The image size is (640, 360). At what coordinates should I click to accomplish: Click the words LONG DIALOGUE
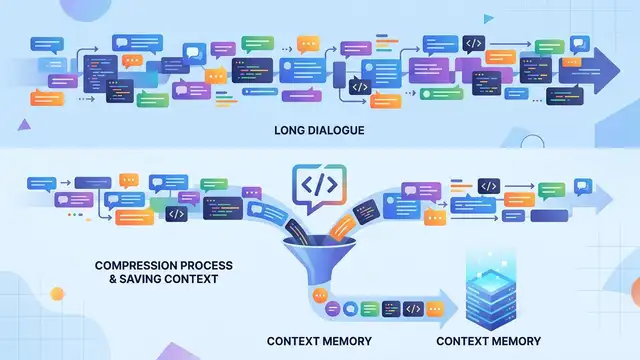click(x=319, y=131)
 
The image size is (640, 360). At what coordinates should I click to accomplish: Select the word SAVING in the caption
click(x=140, y=279)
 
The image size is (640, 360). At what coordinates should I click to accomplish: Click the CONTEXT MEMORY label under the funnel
click(x=319, y=341)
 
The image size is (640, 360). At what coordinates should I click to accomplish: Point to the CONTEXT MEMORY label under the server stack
click(x=489, y=341)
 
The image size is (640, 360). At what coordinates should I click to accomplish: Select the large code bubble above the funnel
click(x=320, y=187)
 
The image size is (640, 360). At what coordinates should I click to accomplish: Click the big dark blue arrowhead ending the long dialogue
click(x=606, y=71)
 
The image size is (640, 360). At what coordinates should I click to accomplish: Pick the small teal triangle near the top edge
click(x=488, y=19)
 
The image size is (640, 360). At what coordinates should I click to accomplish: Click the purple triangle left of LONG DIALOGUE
click(x=24, y=125)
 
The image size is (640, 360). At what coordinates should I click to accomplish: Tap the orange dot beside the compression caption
click(x=57, y=294)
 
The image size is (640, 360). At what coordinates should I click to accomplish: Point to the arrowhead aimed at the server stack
click(x=449, y=309)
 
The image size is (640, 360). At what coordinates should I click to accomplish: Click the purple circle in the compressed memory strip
click(x=333, y=309)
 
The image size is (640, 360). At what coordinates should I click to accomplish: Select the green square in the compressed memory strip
click(x=370, y=309)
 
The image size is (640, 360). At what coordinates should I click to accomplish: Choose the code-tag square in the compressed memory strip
click(x=413, y=309)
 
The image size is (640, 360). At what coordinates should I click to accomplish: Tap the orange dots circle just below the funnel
click(x=320, y=295)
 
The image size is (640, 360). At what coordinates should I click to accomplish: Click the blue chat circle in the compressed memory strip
click(x=350, y=309)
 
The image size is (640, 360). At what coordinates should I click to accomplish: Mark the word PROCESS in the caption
click(x=207, y=266)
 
